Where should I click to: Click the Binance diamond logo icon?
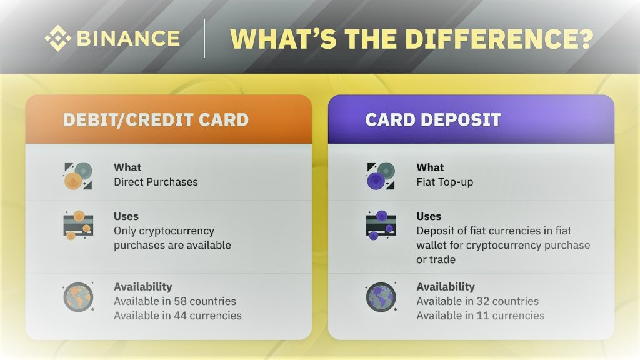pos(57,38)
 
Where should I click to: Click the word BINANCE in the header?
pos(128,38)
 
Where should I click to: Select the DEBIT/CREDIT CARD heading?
pos(156,119)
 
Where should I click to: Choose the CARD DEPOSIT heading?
pos(433,119)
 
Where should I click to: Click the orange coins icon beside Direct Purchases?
pos(78,176)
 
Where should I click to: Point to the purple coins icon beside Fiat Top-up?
pos(381,176)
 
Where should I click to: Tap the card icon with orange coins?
pos(78,225)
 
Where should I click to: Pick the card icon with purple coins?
pos(381,225)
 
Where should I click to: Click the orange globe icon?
pos(78,297)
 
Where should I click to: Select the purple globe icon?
pos(381,297)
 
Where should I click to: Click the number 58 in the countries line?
pos(181,301)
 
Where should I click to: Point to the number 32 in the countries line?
pos(483,301)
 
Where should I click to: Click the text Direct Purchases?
pos(156,182)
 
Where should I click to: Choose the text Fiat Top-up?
pos(445,182)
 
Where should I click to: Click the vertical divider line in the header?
pos(204,38)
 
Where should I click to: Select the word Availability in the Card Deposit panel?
pos(446,287)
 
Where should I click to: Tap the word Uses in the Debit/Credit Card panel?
pos(126,216)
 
